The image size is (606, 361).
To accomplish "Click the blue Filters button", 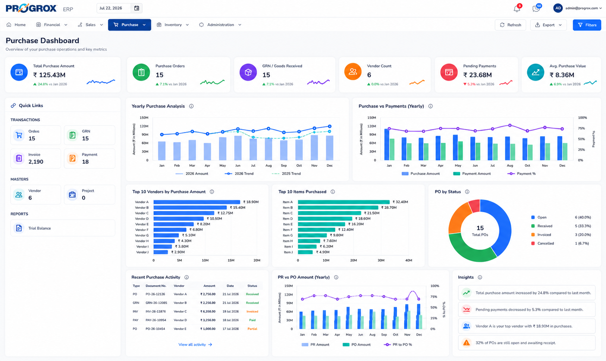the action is (x=587, y=25).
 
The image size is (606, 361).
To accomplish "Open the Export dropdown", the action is (x=548, y=25).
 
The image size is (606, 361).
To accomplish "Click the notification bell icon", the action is (x=517, y=9).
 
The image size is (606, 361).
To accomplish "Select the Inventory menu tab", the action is (x=173, y=25).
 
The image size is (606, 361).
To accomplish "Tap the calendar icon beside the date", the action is (x=136, y=8).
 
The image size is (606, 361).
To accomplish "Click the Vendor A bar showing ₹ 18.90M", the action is (x=197, y=202).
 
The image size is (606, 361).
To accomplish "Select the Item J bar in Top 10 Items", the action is (x=305, y=252).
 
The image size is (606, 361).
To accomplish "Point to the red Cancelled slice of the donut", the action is (x=474, y=205).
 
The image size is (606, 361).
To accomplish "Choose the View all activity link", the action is (x=195, y=345).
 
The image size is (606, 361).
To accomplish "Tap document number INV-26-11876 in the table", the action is (x=156, y=311).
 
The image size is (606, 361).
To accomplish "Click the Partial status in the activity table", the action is (x=252, y=329).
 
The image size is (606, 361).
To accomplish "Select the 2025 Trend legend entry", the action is (x=286, y=174).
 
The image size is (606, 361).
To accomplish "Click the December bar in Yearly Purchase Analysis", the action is (x=330, y=148).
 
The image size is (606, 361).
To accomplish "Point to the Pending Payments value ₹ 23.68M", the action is (x=477, y=75).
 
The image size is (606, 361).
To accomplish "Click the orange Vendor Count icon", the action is (x=353, y=72).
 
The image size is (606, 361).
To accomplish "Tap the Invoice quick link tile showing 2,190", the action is (x=36, y=158).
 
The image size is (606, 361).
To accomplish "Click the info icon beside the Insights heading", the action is (x=480, y=277).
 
